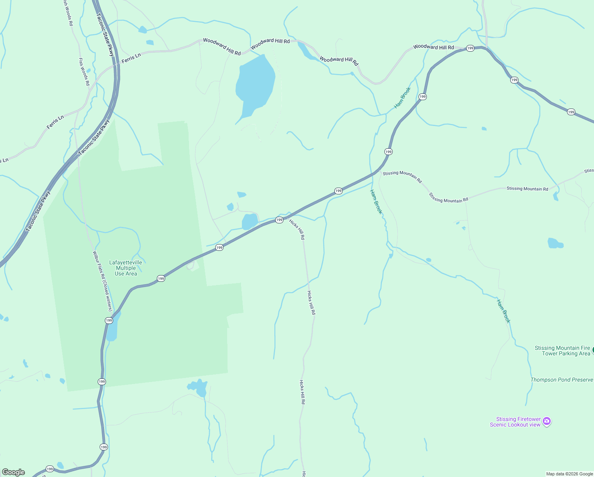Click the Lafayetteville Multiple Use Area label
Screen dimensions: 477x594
point(125,268)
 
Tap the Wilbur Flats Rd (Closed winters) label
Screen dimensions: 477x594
point(102,281)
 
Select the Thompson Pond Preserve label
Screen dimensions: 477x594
point(561,380)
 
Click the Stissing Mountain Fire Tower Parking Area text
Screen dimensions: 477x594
point(562,351)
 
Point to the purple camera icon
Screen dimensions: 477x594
point(547,421)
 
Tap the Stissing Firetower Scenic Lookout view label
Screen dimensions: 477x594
point(515,422)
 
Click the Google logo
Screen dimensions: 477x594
point(13,472)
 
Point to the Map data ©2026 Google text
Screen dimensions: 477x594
point(569,474)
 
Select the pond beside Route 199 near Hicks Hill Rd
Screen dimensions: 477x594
point(250,221)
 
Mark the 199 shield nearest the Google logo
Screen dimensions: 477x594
point(50,469)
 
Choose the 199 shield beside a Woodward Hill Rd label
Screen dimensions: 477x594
point(470,48)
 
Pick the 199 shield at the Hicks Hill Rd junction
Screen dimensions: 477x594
point(279,220)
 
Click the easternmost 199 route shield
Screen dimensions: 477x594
point(571,112)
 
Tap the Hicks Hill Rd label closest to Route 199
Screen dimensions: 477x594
point(297,229)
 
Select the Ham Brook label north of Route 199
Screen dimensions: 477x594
point(402,98)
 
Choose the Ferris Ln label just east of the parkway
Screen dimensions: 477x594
point(131,58)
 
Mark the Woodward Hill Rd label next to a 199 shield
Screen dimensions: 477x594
point(433,47)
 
